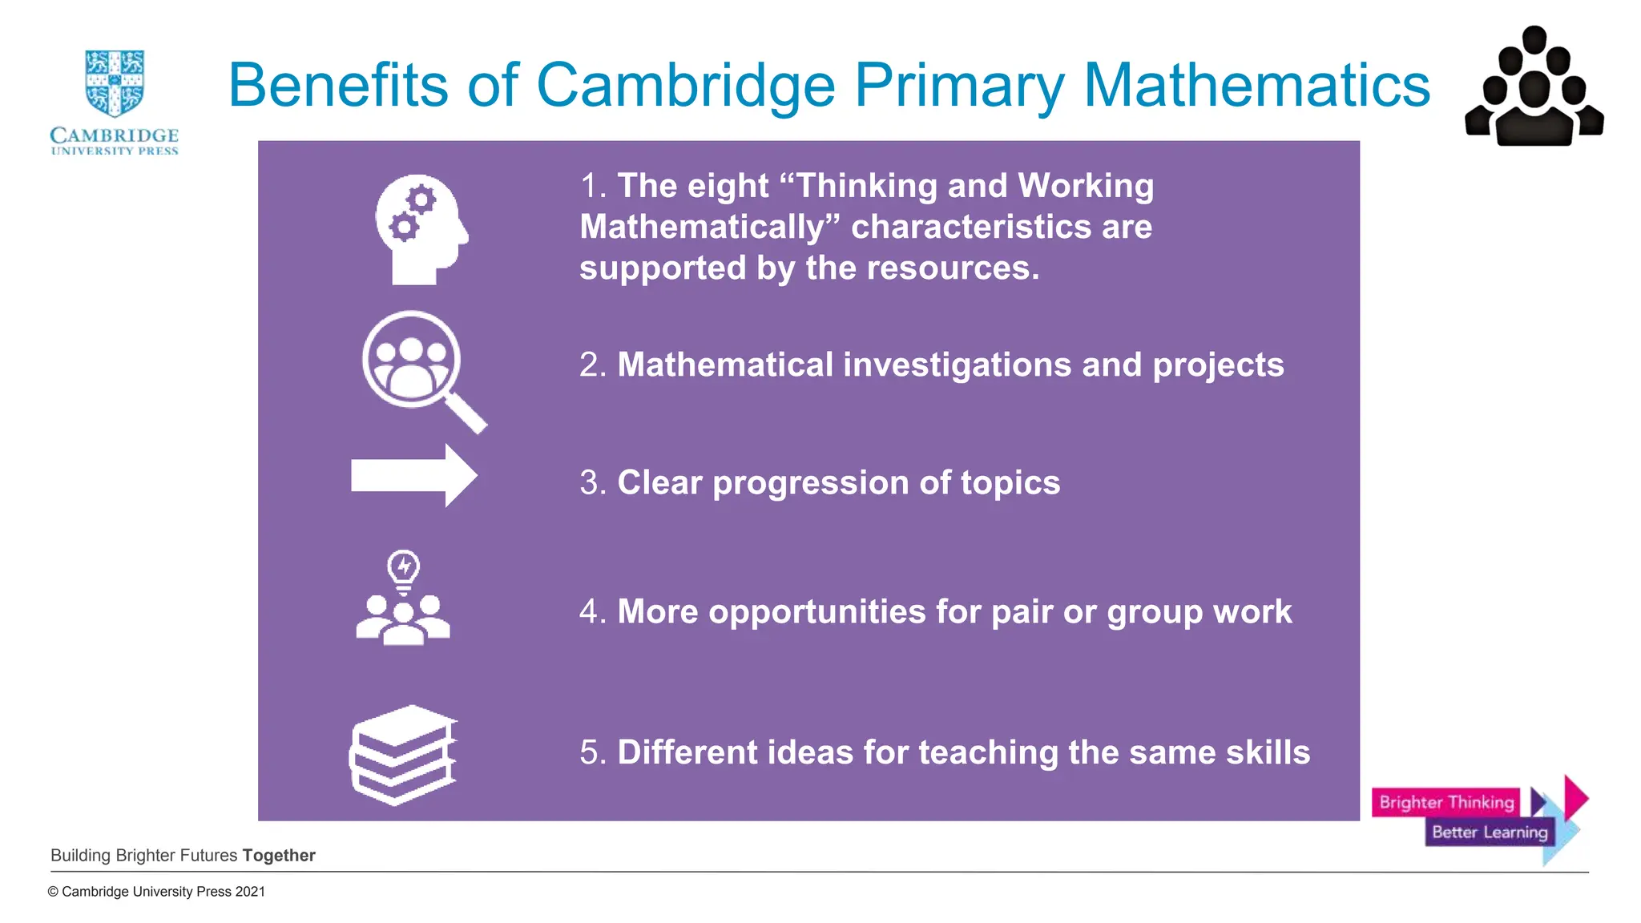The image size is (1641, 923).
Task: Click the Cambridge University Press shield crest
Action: (x=115, y=83)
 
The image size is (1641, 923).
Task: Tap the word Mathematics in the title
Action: (x=1256, y=85)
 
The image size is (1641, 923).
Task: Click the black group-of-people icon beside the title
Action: (x=1534, y=88)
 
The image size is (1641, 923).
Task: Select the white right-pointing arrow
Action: (x=414, y=476)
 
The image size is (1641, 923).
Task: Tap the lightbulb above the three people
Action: (x=403, y=570)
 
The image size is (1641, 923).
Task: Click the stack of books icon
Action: (x=403, y=755)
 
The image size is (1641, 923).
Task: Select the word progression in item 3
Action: (x=810, y=483)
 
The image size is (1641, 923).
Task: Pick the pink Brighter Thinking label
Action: (x=1445, y=802)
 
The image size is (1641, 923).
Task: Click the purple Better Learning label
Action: (x=1489, y=832)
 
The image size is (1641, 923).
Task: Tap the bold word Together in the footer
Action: (x=279, y=856)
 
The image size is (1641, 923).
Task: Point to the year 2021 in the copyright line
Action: (x=250, y=892)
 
